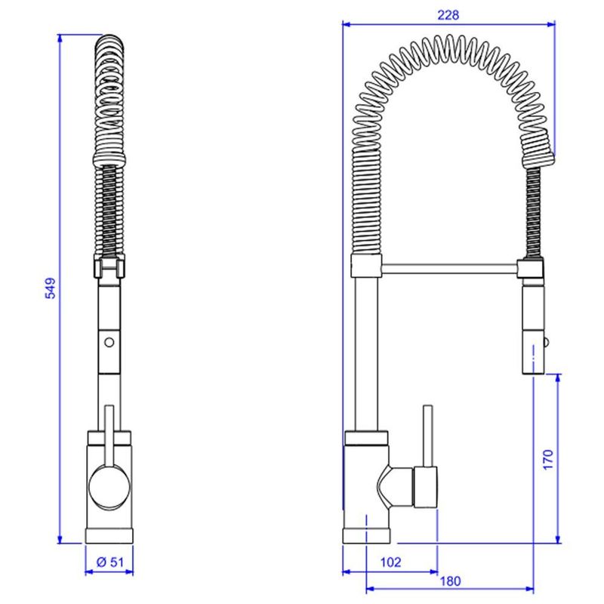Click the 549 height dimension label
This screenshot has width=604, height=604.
pos(51,288)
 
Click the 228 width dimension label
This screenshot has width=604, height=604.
pos(448,15)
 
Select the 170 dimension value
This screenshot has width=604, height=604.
pos(548,459)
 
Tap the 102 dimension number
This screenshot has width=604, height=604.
pos(390,562)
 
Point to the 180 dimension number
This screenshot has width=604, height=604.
pos(450,581)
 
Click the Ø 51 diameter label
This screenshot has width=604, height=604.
pos(110,562)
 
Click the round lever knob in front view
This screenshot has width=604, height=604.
pos(109,487)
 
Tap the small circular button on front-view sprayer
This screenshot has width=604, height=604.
pos(109,342)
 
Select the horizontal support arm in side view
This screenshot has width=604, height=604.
pos(449,269)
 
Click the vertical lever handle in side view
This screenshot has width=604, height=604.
pos(427,436)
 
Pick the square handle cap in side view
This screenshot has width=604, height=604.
pos(426,487)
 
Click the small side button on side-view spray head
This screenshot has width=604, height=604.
pos(546,342)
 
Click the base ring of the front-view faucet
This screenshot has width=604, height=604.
pos(109,536)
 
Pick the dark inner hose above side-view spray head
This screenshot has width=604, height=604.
pos(534,212)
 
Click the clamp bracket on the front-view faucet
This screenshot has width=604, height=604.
pos(109,266)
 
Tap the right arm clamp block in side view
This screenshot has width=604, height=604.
pos(531,269)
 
